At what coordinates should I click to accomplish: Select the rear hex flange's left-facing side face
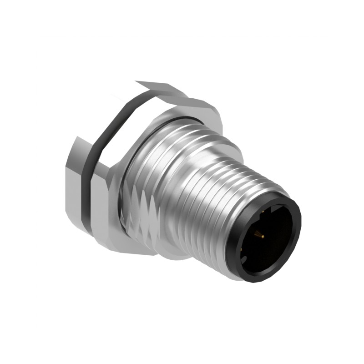73,182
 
